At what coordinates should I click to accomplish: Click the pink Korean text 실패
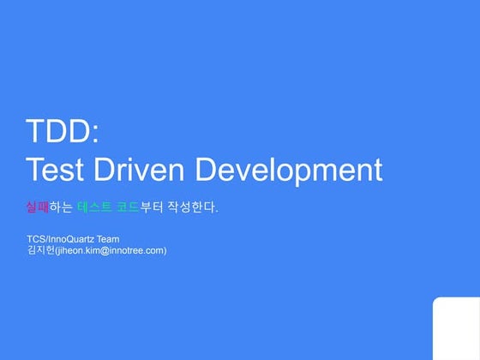point(37,207)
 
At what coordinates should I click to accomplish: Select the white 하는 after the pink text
point(61,207)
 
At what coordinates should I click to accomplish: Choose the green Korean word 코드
point(128,207)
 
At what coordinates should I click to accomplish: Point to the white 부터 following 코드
point(153,207)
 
